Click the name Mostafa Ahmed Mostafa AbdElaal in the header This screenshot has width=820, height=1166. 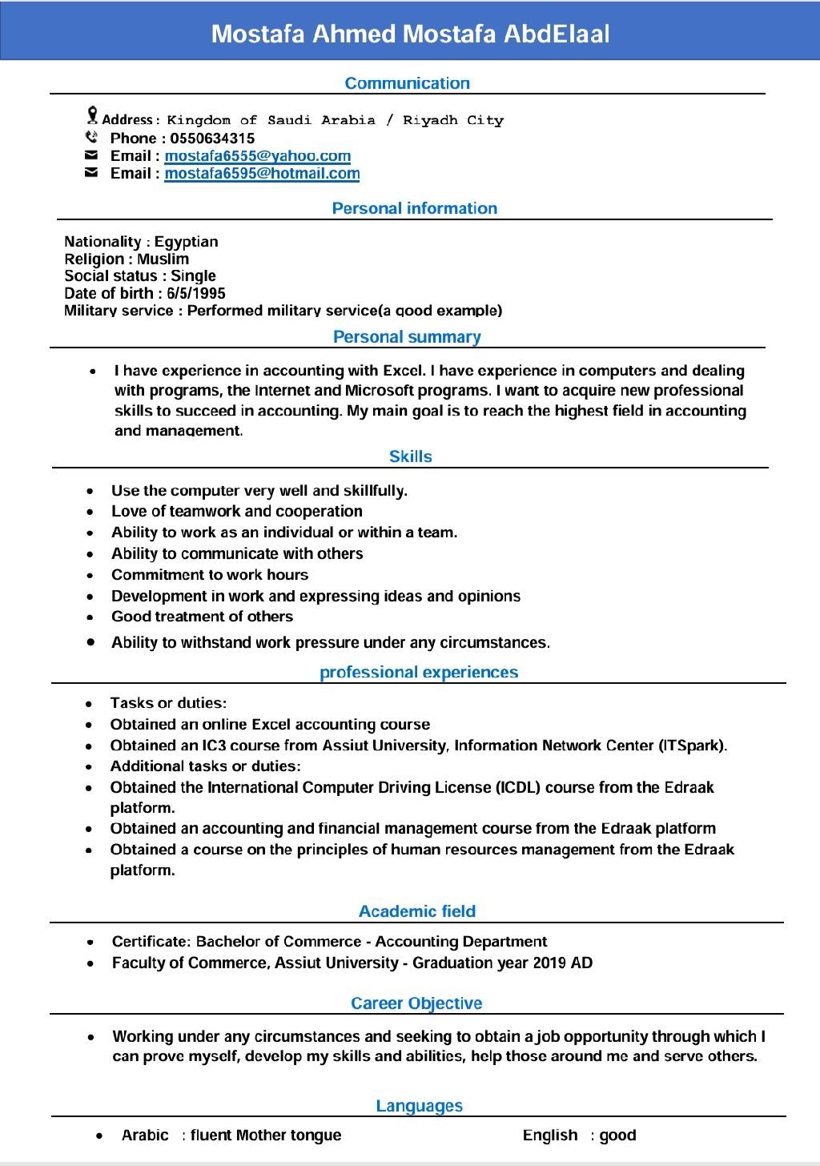410,34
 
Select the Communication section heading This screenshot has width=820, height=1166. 407,83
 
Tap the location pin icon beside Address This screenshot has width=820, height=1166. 92,115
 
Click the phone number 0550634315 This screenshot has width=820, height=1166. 212,139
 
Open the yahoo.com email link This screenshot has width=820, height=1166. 257,156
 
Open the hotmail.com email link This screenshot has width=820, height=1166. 262,174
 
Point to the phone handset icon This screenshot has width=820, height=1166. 91,137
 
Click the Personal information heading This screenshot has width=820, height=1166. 414,208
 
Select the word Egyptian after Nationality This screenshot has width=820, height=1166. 186,242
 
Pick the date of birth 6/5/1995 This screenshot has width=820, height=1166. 196,293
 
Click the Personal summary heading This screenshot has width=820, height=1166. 407,337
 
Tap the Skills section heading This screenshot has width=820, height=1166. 410,456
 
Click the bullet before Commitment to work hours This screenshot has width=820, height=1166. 90,575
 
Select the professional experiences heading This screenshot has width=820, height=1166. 419,673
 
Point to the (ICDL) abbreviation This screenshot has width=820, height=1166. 518,787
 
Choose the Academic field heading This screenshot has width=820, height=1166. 416,911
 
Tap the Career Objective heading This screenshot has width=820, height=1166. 416,1003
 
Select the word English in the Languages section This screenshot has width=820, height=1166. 549,1135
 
